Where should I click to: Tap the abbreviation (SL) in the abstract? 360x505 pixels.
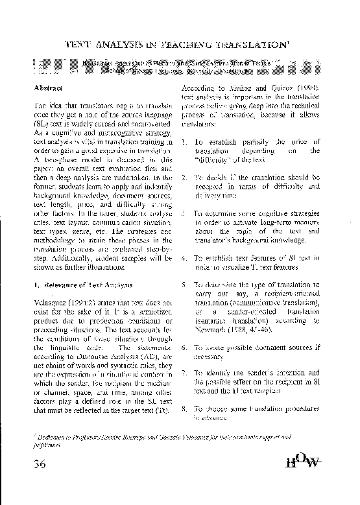pyautogui.click(x=40, y=123)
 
